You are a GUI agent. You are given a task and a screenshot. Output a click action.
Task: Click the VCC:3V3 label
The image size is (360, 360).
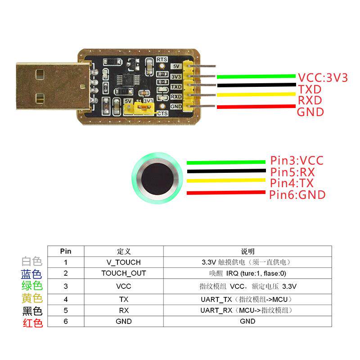click(323, 77)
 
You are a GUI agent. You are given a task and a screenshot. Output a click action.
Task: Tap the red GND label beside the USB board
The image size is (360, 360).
click(310, 112)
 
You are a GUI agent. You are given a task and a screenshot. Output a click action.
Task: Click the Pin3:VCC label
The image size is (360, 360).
click(297, 160)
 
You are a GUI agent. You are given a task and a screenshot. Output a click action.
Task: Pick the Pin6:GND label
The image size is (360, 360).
click(297, 195)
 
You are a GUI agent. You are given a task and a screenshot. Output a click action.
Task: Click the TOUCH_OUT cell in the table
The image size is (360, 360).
click(123, 273)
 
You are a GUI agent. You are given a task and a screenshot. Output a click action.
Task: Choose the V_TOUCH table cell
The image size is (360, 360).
click(123, 262)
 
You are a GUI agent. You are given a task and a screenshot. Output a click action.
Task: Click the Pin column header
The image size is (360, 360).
click(66, 252)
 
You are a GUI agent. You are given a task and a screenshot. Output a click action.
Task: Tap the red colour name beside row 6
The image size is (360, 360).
click(32, 323)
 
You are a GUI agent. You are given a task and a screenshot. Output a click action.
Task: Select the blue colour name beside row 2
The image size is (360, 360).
click(32, 274)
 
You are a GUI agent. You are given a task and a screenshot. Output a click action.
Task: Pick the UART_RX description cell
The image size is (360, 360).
click(247, 310)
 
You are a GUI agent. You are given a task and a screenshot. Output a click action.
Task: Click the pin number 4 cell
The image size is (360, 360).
click(66, 299)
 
